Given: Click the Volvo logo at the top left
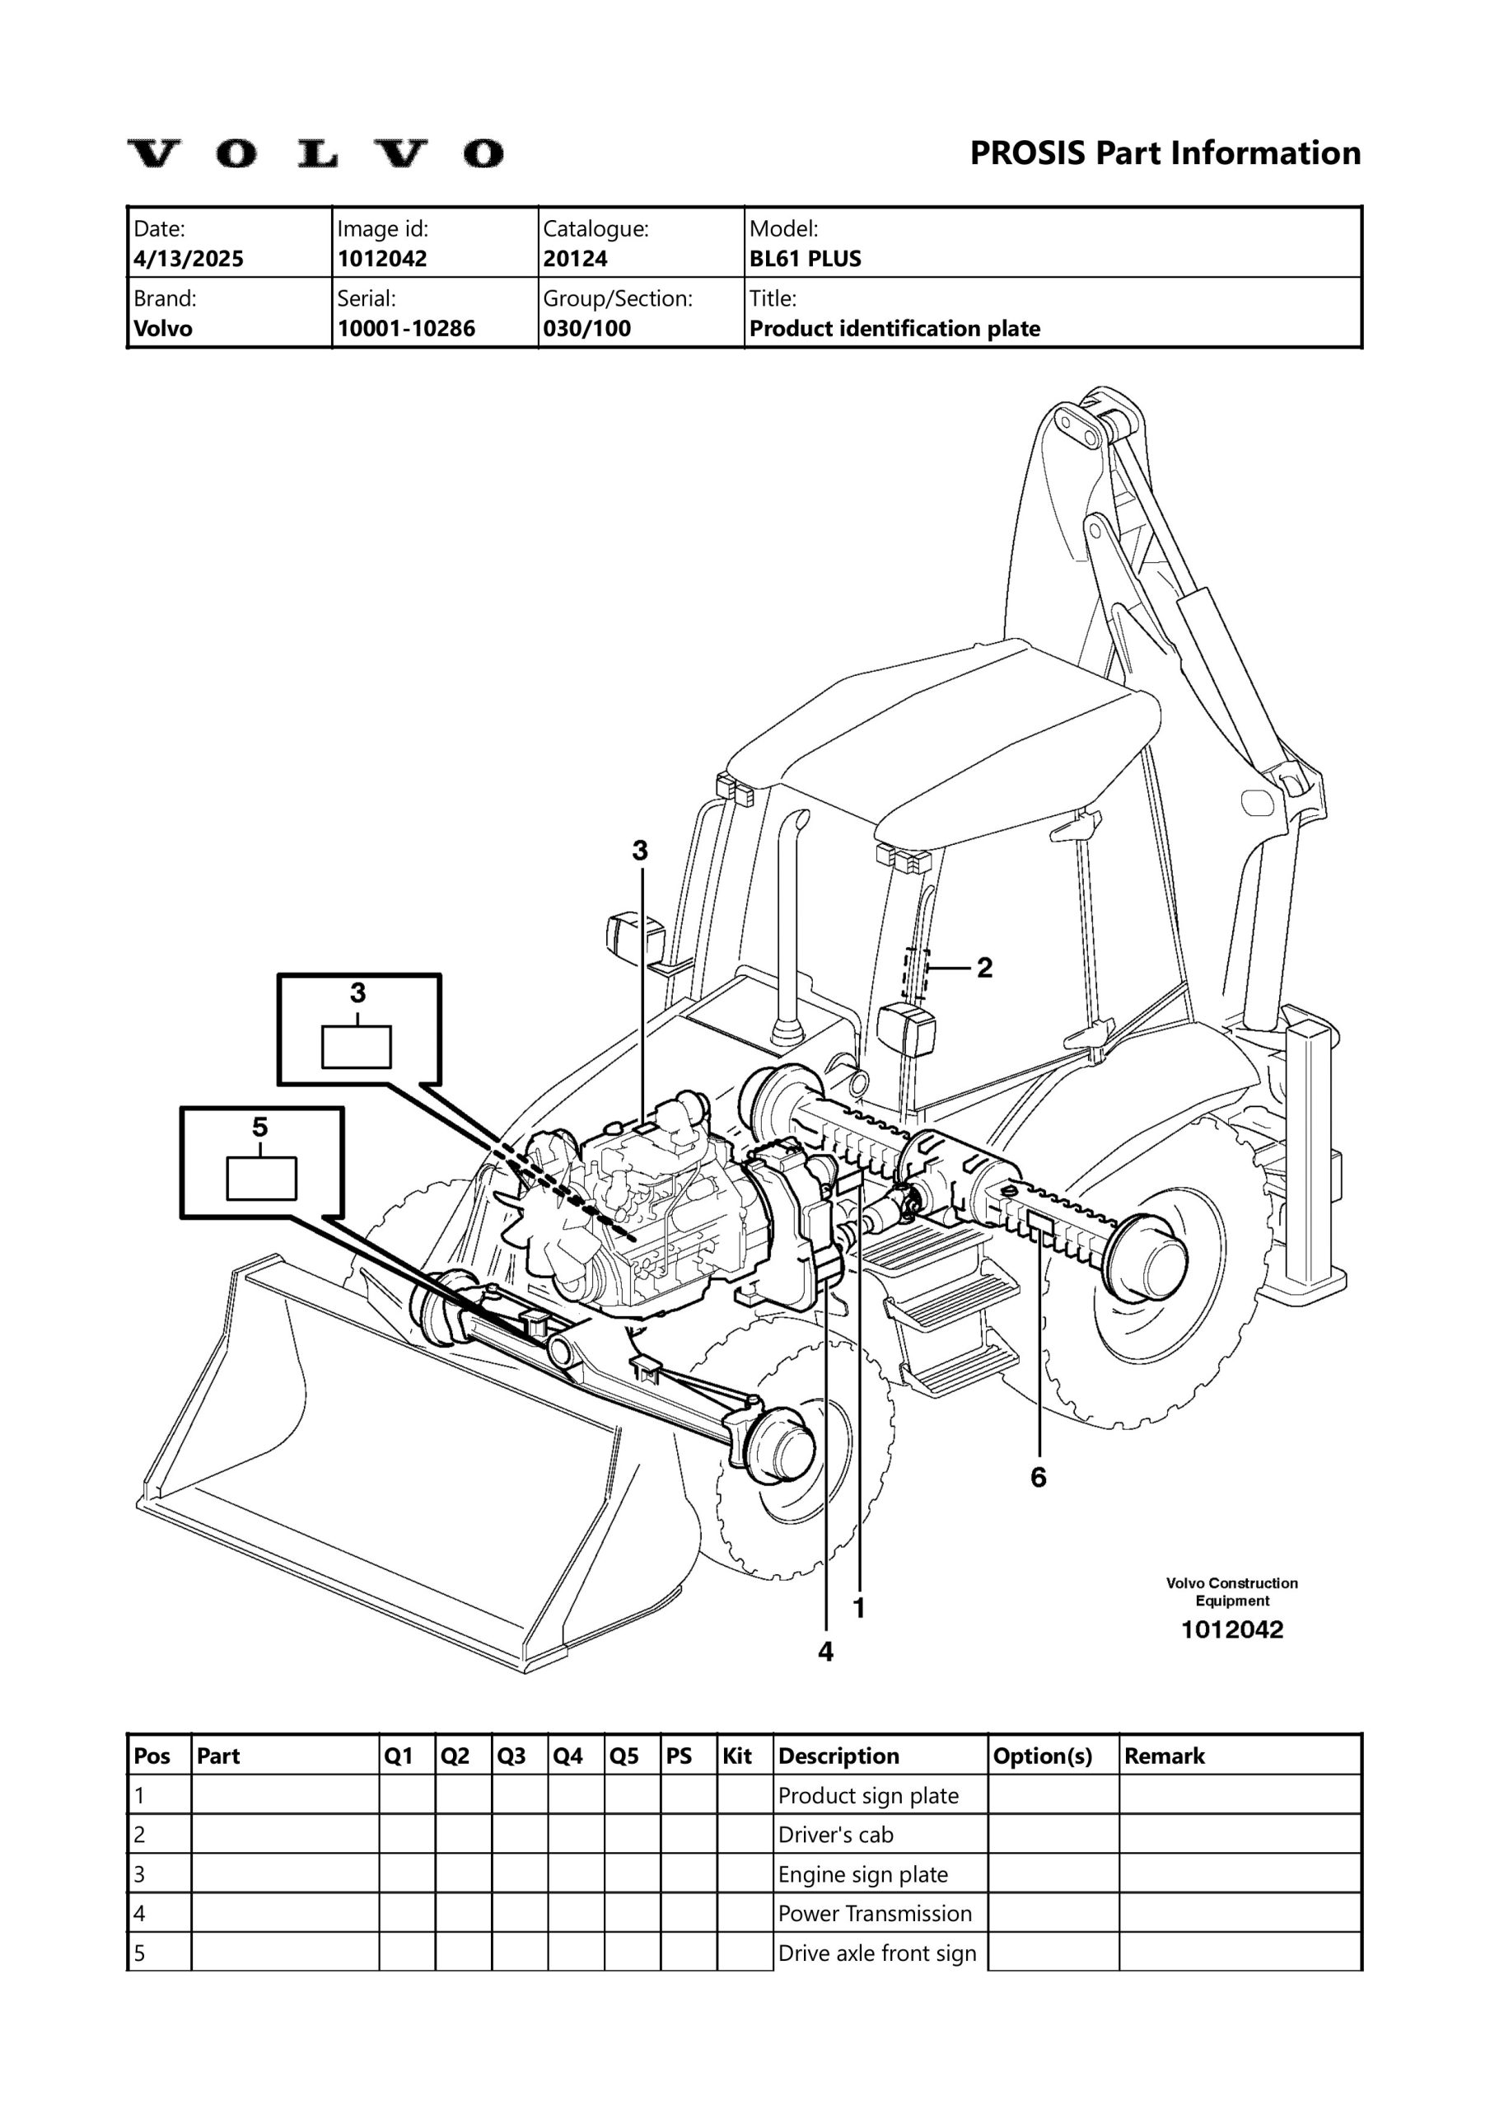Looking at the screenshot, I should click(315, 153).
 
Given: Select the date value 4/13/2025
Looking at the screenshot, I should click(189, 259).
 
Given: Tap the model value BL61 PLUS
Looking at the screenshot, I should click(805, 259).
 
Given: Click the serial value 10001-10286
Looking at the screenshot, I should click(406, 329).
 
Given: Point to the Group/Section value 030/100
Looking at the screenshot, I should click(586, 329).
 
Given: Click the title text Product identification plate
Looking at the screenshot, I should click(894, 329).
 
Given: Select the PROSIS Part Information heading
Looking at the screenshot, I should click(1165, 152).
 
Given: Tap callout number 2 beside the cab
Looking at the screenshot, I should click(983, 968).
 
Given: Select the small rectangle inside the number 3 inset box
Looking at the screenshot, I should click(357, 1048).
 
